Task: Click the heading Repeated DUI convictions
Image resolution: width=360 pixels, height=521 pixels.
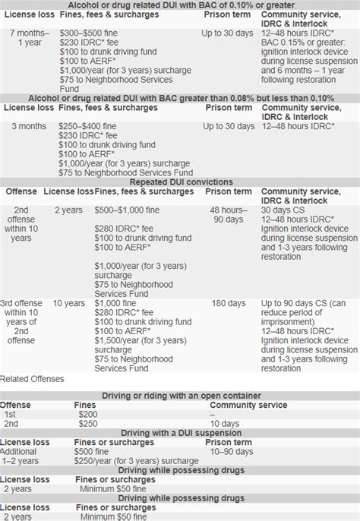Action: (179, 182)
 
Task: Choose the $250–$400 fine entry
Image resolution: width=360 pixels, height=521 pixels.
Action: (120, 124)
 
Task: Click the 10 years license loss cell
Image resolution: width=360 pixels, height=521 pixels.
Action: (69, 303)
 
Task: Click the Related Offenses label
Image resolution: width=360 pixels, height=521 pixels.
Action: (33, 378)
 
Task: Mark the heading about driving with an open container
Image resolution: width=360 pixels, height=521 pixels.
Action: (179, 396)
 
